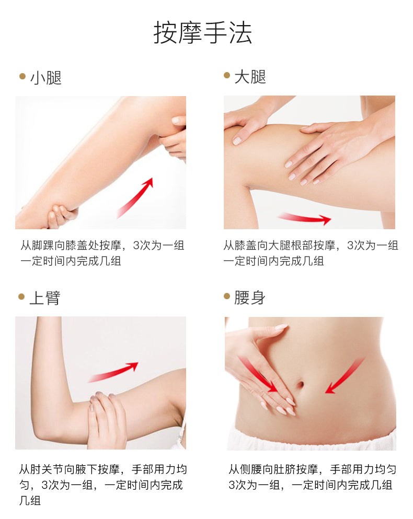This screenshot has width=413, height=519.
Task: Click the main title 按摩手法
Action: pyautogui.click(x=202, y=33)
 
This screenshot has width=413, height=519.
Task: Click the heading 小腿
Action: pyautogui.click(x=45, y=78)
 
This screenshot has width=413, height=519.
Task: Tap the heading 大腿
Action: pyautogui.click(x=250, y=77)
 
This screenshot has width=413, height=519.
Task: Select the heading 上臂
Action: pyautogui.click(x=45, y=298)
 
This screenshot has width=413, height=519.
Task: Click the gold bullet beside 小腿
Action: pyautogui.click(x=22, y=76)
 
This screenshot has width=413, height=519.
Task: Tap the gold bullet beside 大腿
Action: pyautogui.click(x=227, y=75)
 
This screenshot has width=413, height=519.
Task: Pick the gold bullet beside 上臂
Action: pyautogui.click(x=22, y=296)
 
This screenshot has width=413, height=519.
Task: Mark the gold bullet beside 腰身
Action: pyautogui.click(x=227, y=296)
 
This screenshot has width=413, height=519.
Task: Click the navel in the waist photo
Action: pyautogui.click(x=301, y=385)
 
